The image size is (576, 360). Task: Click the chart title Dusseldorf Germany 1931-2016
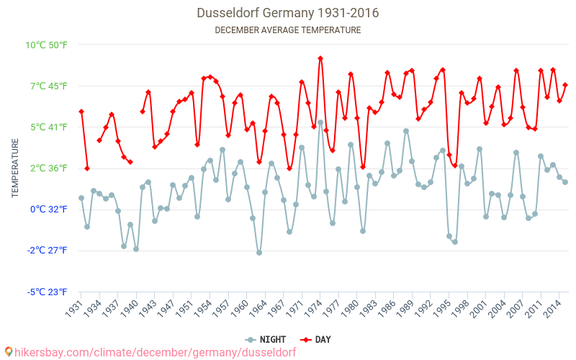(288, 13)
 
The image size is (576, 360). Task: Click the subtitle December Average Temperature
(288, 30)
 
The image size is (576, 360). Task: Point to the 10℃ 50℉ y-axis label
(46, 45)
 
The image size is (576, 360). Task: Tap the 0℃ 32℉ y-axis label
(48, 210)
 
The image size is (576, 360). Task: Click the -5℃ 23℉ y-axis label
(46, 292)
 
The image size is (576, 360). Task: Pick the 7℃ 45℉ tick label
(48, 86)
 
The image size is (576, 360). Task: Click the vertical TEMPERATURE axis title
(15, 168)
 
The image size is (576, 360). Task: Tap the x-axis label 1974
(314, 307)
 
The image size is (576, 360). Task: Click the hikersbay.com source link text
(155, 352)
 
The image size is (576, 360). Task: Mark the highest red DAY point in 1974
(320, 58)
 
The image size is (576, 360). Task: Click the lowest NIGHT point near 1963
(259, 253)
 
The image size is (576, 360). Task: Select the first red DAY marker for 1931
(81, 112)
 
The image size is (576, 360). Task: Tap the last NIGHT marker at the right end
(565, 182)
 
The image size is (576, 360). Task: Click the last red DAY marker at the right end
(565, 85)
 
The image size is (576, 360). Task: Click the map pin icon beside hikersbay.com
(9, 351)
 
